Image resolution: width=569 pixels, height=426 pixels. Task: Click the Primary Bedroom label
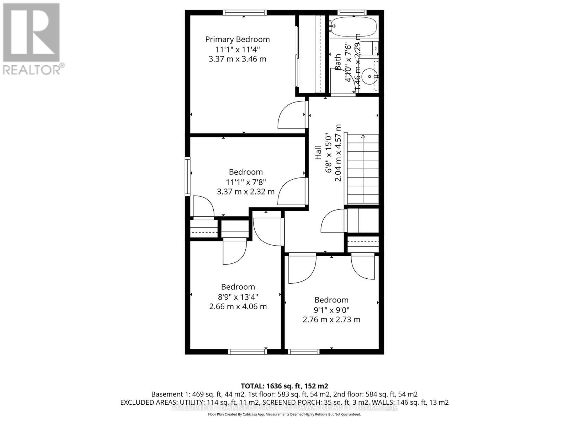coord(237,39)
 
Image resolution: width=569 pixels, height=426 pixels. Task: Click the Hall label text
coord(318,153)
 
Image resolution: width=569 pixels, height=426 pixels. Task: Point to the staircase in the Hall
coord(362,169)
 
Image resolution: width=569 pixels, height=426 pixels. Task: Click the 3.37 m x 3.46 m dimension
coord(237,59)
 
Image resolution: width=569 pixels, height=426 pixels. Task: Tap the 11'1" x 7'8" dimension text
coord(246,182)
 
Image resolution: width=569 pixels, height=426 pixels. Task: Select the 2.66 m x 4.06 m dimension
coord(238,306)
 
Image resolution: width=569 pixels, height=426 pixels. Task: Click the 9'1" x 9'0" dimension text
coord(331,310)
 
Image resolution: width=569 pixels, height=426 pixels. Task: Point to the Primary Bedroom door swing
coord(291,115)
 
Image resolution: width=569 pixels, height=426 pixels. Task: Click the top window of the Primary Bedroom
coord(245,13)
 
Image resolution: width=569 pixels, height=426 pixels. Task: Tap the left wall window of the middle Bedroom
coord(187,176)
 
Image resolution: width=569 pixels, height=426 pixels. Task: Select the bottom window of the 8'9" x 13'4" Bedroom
coord(247,351)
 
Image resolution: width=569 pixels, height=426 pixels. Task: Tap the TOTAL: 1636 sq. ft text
coord(284,386)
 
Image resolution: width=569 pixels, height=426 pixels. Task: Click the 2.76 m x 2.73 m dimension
coord(331,319)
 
